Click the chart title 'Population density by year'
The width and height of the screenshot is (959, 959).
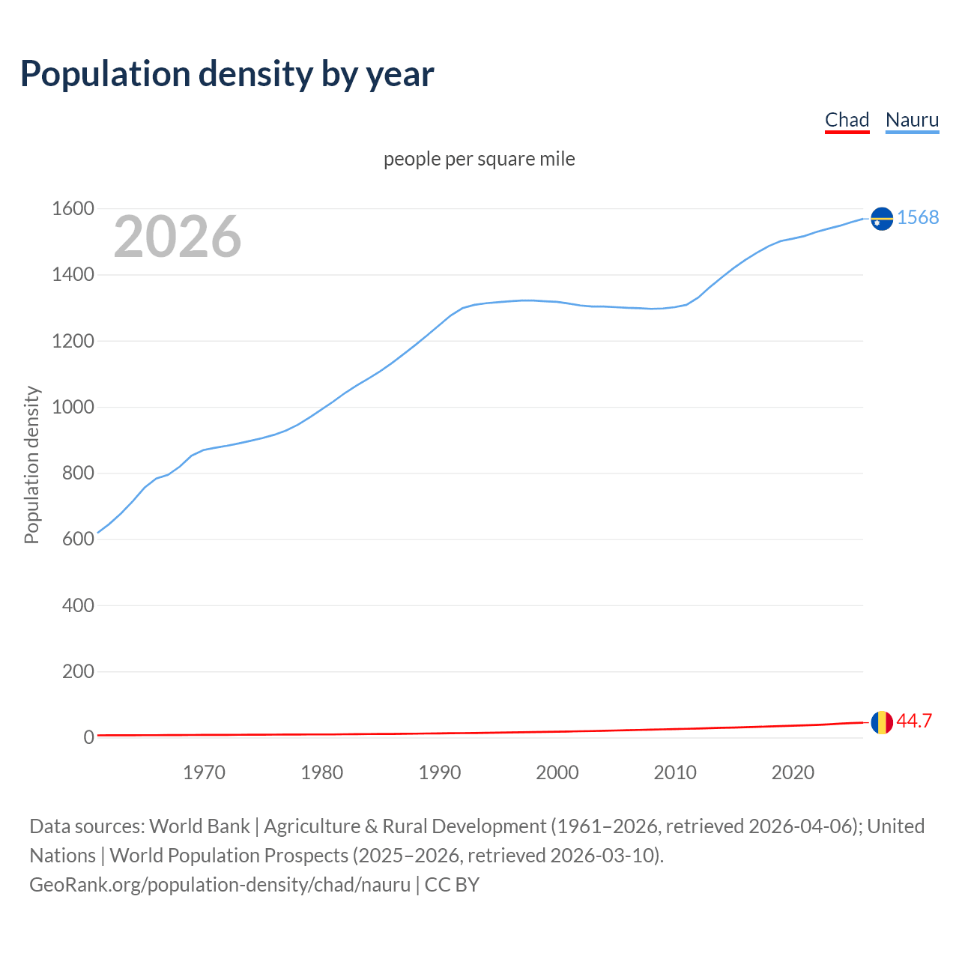tap(227, 74)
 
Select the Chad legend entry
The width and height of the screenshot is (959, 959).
tap(847, 120)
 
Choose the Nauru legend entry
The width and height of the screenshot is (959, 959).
tap(912, 120)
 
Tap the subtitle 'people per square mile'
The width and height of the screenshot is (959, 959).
tap(479, 159)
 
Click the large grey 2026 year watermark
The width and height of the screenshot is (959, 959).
tap(178, 237)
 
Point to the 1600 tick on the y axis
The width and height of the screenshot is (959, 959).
tap(73, 209)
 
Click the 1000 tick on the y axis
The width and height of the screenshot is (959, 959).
tap(73, 408)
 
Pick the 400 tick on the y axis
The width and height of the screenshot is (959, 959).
tap(78, 605)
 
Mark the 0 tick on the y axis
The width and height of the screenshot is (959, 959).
tap(88, 738)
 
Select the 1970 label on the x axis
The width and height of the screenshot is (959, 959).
tap(204, 772)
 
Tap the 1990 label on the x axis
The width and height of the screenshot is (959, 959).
tap(440, 772)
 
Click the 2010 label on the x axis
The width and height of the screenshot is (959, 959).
tap(675, 772)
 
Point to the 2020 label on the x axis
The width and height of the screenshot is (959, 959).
tap(793, 772)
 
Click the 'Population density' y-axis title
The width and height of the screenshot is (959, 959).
tap(31, 465)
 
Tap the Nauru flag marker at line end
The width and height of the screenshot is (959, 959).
tap(882, 218)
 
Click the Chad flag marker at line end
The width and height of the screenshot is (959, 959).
tap(882, 722)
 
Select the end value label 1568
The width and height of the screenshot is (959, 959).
tap(918, 217)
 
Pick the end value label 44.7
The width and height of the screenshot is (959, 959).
tap(914, 721)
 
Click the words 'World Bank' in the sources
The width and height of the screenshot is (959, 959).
tap(199, 826)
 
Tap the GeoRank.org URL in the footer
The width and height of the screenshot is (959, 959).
tap(220, 884)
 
